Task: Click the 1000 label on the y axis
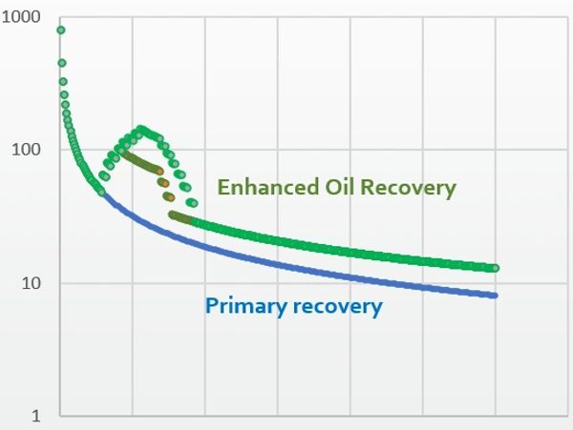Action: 20,17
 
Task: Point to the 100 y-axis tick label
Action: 26,150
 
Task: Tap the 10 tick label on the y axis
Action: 31,283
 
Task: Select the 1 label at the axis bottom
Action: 36,416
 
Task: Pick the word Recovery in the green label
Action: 408,189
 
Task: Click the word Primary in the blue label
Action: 246,307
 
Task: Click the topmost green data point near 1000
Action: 61,31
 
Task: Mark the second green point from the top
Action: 62,63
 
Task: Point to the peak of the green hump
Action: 140,129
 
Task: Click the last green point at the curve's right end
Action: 495,268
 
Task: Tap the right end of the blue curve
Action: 495,296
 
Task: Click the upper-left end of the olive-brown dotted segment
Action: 124,154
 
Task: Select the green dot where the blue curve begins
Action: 101,193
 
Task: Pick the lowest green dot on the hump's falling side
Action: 194,203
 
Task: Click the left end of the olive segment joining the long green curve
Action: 172,215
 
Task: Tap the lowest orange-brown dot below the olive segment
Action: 170,197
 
